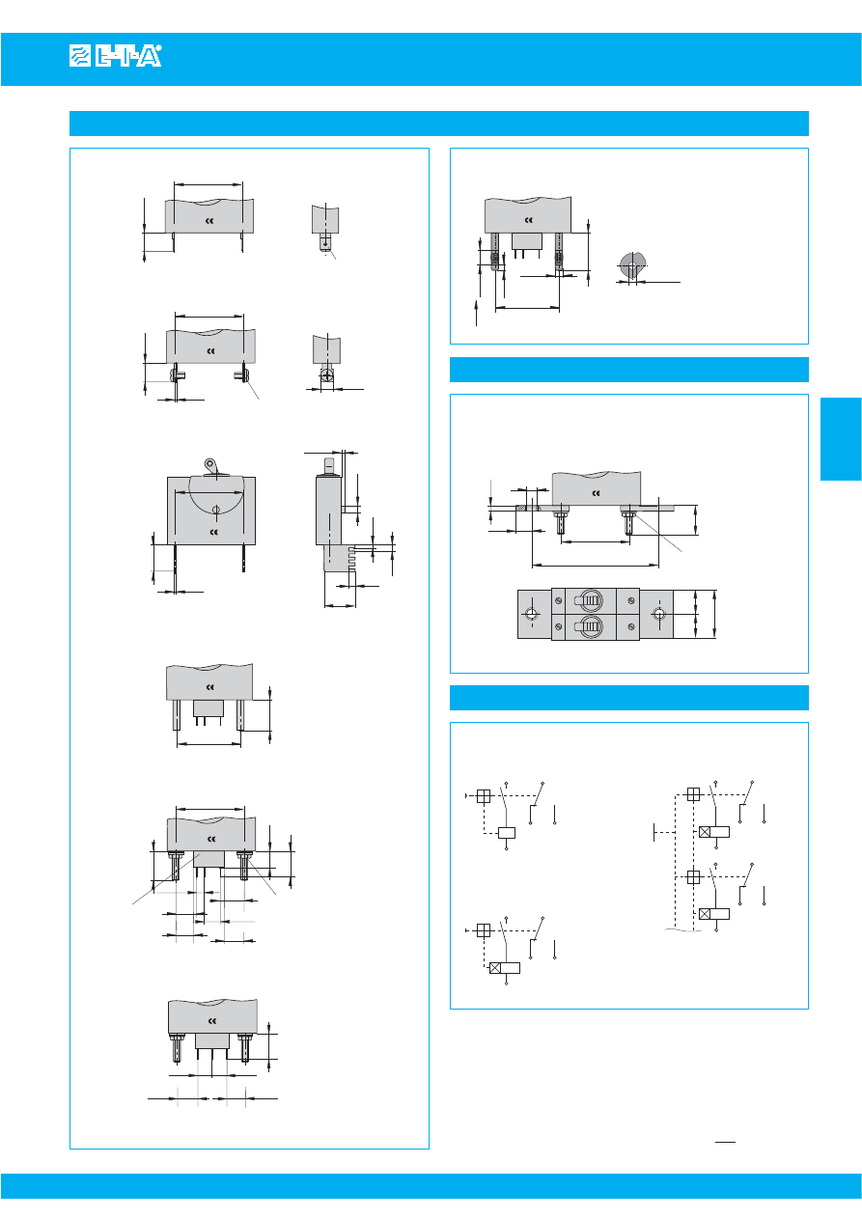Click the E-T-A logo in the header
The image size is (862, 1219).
click(x=116, y=56)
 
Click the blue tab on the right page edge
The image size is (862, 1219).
click(x=841, y=438)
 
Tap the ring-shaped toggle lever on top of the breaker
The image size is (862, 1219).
click(x=210, y=465)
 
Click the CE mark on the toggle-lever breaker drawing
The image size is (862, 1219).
click(x=214, y=532)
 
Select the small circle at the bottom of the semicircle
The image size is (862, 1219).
click(x=215, y=510)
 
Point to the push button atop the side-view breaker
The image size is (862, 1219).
click(x=329, y=466)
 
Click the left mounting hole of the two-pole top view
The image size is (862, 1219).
click(x=532, y=615)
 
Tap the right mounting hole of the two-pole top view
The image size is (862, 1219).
click(x=659, y=615)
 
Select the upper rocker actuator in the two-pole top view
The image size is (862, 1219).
click(x=590, y=601)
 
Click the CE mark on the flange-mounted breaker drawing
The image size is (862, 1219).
click(x=596, y=493)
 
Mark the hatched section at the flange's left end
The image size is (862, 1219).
click(x=522, y=509)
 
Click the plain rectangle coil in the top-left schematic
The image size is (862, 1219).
click(x=507, y=832)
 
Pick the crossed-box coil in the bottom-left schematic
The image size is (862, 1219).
click(x=505, y=968)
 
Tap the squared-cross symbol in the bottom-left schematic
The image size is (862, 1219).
click(x=484, y=930)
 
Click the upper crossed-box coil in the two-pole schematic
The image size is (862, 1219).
click(x=714, y=832)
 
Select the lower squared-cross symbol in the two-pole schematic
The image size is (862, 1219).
click(x=693, y=877)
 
